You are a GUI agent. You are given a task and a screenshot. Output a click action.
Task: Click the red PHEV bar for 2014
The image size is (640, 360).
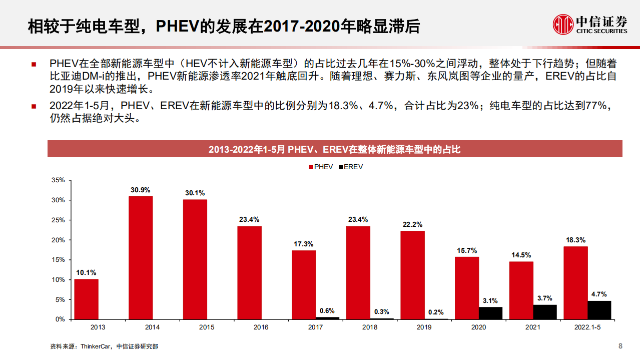pos(141,257)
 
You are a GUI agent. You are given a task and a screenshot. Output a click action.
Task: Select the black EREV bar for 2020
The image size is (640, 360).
pos(490,313)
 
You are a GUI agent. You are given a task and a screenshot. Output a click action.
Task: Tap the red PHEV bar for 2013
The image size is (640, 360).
pos(86,299)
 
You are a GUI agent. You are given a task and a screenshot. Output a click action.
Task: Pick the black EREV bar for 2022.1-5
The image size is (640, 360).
pos(599,310)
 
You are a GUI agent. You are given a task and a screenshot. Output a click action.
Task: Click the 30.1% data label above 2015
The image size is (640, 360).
pos(195,193)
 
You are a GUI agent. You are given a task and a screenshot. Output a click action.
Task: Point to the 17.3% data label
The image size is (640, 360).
pos(304,244)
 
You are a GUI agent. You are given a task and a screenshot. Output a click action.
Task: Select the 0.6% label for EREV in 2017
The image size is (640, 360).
pos(327,310)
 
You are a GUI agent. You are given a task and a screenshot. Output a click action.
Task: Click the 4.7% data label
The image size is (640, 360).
pos(599,294)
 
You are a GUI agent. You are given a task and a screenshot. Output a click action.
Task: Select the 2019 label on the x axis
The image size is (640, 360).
pos(424,327)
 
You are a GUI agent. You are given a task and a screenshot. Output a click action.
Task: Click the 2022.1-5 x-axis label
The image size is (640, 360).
pos(587,327)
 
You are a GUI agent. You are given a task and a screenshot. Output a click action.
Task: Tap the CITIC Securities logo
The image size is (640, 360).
pos(589,24)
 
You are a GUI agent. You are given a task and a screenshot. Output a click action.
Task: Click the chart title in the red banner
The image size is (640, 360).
pos(334,149)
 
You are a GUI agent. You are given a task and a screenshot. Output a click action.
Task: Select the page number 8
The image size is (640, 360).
pos(620,346)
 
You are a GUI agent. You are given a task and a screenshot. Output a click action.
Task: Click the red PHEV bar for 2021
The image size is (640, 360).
pos(521,290)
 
